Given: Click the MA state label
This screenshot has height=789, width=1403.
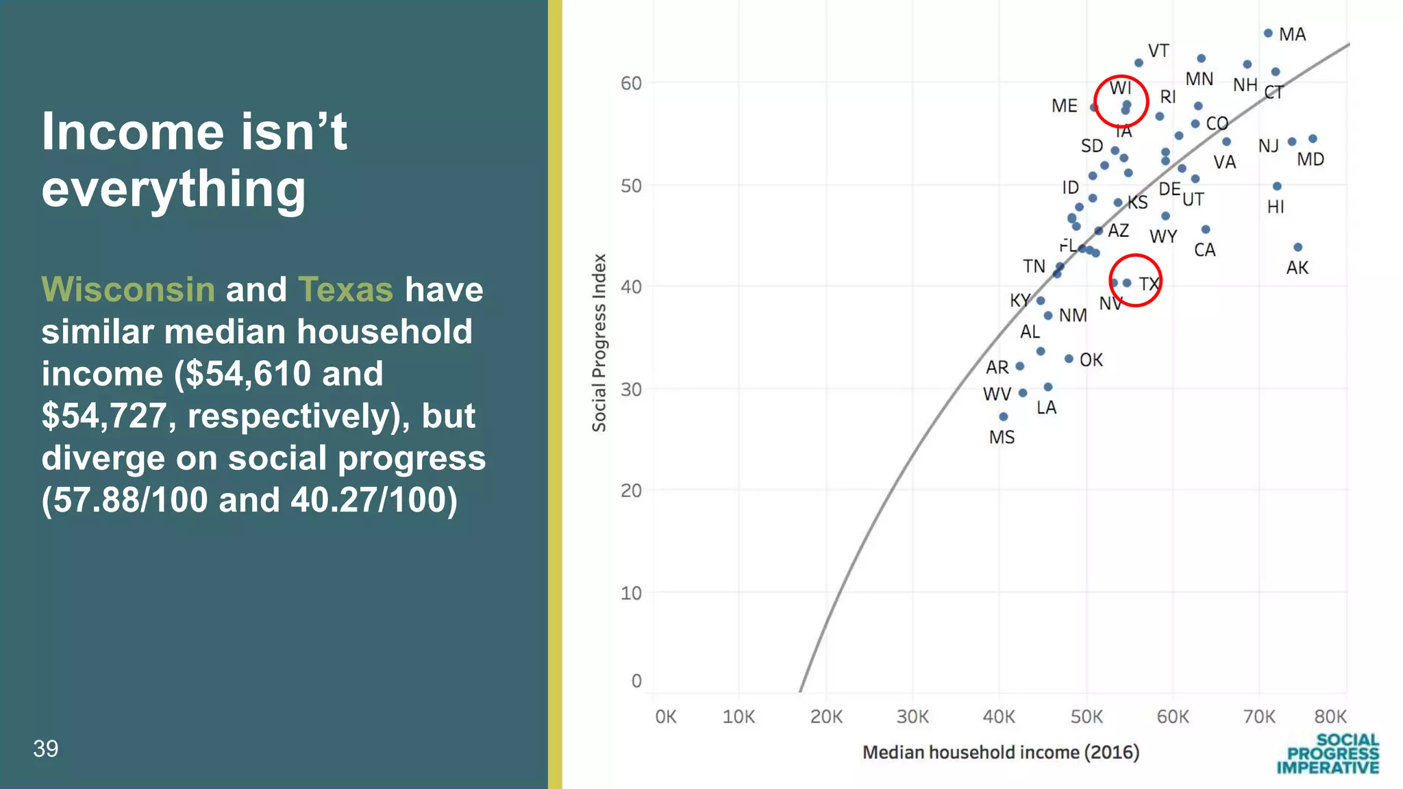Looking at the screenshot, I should [x=1292, y=34].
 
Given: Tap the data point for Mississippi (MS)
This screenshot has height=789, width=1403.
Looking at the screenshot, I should [x=1003, y=416].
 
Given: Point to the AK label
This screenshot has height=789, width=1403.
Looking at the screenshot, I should [x=1297, y=268].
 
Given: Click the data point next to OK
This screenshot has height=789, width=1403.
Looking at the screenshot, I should [x=1069, y=359].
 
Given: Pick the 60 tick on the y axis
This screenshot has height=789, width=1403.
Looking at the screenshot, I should [x=631, y=84].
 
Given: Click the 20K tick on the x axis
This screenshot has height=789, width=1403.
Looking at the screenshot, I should [x=826, y=717].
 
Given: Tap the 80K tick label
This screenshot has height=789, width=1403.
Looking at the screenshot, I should [x=1330, y=717].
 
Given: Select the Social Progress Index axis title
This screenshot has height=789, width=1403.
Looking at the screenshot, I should [x=599, y=342].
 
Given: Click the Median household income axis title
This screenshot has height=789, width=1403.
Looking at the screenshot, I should [x=1000, y=752].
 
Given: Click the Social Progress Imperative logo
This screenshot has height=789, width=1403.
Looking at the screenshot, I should [x=1328, y=753].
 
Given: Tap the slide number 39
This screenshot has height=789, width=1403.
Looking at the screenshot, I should [x=46, y=749].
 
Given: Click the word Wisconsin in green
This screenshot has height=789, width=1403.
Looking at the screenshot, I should [x=128, y=289].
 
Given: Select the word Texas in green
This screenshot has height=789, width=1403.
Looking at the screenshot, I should [x=345, y=289].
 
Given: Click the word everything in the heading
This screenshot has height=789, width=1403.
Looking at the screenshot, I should [x=173, y=188].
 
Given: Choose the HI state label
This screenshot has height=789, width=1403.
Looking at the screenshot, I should [x=1275, y=207].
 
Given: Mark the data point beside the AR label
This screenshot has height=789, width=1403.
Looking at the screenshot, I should [x=1019, y=366].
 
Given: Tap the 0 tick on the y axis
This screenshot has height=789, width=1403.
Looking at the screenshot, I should [x=636, y=681].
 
